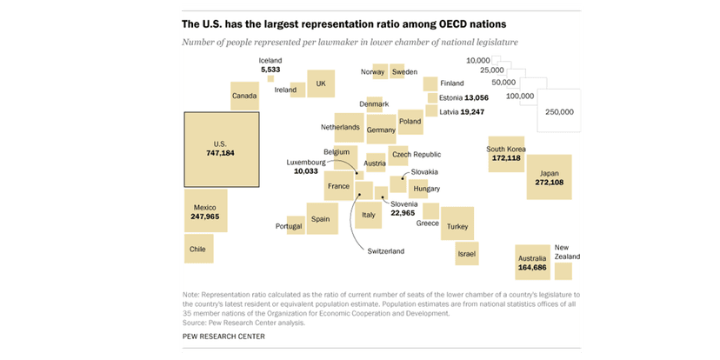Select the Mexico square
click(x=205, y=211)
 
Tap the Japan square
click(x=550, y=177)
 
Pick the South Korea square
click(x=506, y=153)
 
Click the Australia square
click(x=532, y=263)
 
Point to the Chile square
click(x=198, y=249)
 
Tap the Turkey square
click(x=457, y=223)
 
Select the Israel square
click(x=467, y=253)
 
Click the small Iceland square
click(x=270, y=79)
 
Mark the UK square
click(x=321, y=83)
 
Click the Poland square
click(x=410, y=122)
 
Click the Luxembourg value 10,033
click(x=306, y=171)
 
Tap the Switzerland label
click(x=386, y=251)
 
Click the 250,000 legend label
click(x=559, y=111)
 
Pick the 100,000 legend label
click(x=520, y=96)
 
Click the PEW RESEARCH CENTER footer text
click(x=223, y=336)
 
